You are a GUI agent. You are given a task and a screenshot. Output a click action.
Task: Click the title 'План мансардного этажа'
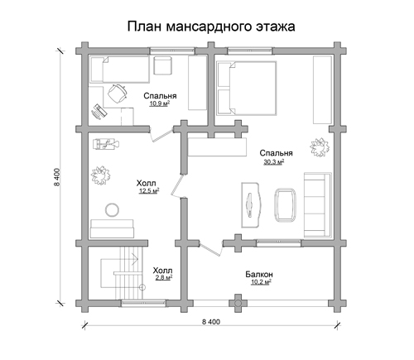point(211,26)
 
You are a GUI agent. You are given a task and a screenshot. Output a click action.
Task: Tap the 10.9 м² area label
point(160,103)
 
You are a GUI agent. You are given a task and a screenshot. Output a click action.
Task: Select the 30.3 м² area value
point(274,161)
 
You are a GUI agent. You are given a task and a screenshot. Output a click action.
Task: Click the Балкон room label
point(259,274)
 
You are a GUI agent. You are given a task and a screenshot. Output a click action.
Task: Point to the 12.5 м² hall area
point(149,190)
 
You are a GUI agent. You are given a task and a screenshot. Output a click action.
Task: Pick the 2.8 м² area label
point(164,277)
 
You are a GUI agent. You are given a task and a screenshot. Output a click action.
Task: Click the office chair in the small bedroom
point(118,93)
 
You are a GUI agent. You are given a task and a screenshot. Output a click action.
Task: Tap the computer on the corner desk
point(99,111)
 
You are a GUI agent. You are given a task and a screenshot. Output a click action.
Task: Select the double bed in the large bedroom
point(247,88)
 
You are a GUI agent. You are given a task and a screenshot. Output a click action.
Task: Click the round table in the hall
point(112,209)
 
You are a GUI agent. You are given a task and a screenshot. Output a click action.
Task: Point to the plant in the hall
point(100,175)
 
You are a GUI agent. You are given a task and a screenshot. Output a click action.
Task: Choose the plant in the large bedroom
point(320,147)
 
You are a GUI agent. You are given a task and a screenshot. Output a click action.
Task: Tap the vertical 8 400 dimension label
point(57,177)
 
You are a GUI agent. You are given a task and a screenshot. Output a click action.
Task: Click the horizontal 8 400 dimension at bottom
point(211,322)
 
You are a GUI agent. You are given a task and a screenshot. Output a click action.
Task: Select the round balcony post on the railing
point(238,303)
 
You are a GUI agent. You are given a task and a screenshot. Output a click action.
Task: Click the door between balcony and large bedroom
point(211,248)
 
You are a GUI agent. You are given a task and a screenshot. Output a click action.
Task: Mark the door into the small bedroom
point(162,135)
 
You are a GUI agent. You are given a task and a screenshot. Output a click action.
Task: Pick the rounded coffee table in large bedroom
point(285,204)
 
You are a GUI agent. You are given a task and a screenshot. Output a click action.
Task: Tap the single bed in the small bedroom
point(119,70)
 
